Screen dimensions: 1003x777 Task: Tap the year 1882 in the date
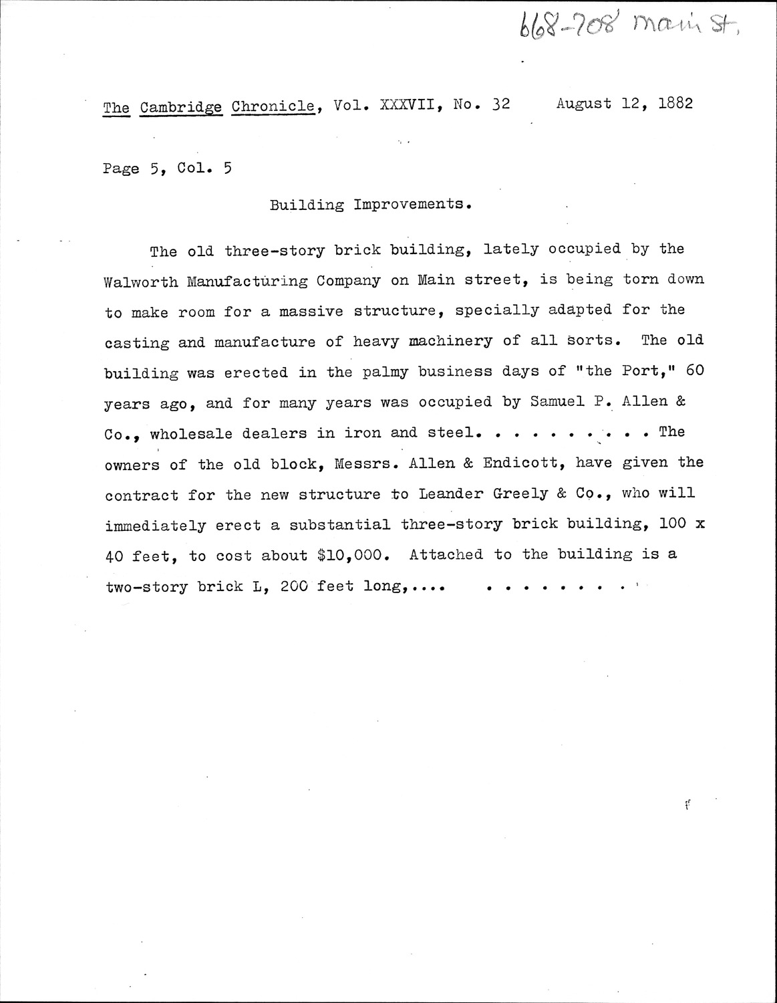(x=674, y=104)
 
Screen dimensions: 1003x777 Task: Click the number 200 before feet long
(x=294, y=586)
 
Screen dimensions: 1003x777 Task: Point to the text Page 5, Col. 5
(x=168, y=169)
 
